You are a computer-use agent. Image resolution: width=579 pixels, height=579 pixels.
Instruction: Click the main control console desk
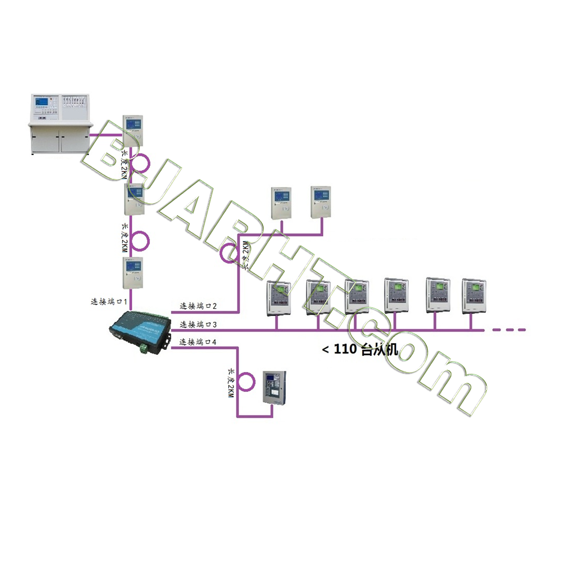[x=60, y=124]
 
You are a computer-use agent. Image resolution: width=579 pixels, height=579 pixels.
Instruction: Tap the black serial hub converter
[x=140, y=332]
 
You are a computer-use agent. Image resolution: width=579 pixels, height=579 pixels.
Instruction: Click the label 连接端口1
[x=109, y=302]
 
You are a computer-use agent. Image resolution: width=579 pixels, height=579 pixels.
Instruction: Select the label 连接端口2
[x=198, y=306]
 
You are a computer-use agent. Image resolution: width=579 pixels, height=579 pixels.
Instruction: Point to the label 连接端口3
[x=198, y=324]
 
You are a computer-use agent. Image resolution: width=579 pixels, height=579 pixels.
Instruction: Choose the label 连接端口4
[x=198, y=342]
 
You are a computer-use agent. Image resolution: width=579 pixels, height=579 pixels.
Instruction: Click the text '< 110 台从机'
[x=360, y=349]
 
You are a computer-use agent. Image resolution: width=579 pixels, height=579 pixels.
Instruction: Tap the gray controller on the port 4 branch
[x=274, y=387]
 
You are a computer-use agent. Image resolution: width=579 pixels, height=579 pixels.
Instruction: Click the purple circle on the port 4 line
[x=246, y=381]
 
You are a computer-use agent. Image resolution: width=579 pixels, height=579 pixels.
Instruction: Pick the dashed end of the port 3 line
[x=509, y=330]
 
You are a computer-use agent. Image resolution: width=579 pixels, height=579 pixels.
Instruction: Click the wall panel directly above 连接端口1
[x=133, y=273]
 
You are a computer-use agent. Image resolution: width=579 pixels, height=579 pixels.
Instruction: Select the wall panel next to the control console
[x=133, y=130]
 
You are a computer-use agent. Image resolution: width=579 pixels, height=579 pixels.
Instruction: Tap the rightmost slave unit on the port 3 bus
[x=474, y=295]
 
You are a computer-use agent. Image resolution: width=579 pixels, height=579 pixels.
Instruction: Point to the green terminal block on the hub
[x=144, y=348]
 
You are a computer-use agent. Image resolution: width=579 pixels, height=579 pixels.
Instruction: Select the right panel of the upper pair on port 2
[x=321, y=201]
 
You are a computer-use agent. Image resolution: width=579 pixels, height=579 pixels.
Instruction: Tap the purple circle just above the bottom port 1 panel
[x=140, y=241]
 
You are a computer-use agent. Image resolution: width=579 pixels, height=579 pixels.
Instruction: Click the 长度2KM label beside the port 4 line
[x=231, y=383]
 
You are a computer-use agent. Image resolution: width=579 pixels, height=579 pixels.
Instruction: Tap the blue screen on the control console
[x=42, y=103]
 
